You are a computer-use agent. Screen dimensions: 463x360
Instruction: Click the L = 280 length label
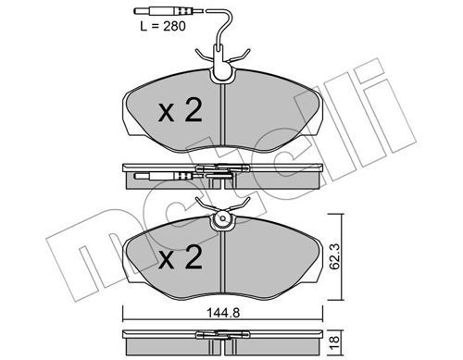point(163,26)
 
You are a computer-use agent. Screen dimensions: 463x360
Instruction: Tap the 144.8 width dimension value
point(223,313)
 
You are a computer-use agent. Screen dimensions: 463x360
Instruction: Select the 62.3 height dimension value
point(334,256)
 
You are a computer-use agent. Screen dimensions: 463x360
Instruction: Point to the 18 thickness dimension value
point(335,342)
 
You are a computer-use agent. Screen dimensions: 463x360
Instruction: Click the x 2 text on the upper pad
point(180,110)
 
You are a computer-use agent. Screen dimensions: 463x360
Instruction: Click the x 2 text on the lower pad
point(180,257)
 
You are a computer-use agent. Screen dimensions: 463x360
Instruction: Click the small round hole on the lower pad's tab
point(222,218)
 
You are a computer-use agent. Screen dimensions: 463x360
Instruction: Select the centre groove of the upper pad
point(223,115)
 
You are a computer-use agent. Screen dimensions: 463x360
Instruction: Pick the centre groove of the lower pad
point(223,262)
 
